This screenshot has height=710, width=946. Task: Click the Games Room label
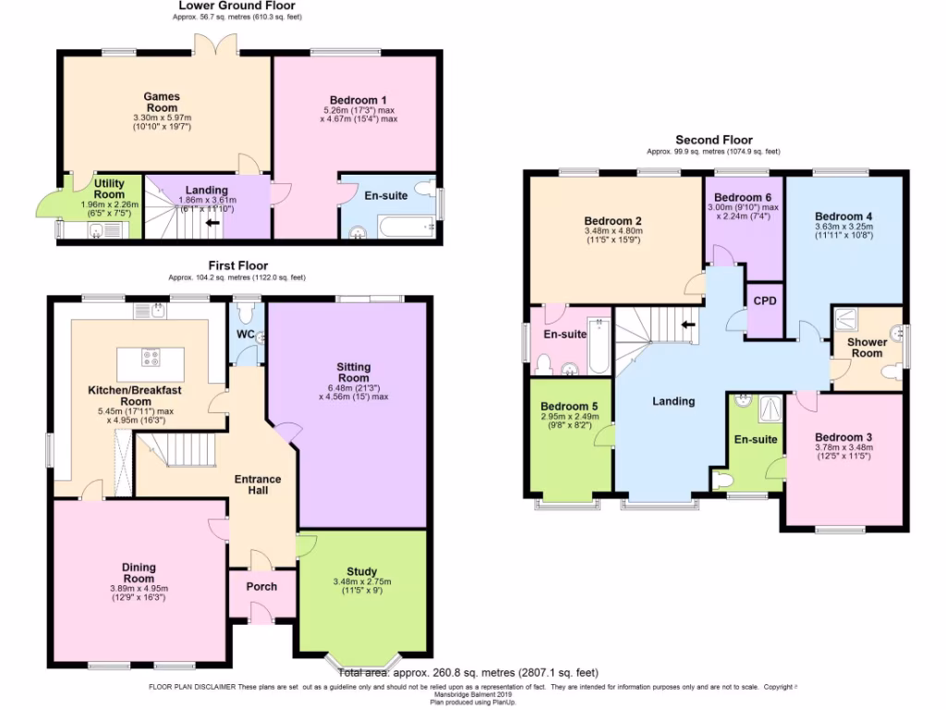(162, 102)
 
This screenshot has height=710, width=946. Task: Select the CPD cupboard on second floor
(764, 301)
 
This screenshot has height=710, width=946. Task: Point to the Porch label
(261, 586)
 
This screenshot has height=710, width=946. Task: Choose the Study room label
(361, 571)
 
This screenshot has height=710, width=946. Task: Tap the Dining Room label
(139, 573)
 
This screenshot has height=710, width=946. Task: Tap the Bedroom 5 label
(569, 407)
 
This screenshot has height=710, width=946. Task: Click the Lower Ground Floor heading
(237, 6)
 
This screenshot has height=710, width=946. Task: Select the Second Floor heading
(713, 140)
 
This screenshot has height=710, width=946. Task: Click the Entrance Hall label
(258, 484)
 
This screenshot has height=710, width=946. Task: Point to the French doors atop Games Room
(214, 44)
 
